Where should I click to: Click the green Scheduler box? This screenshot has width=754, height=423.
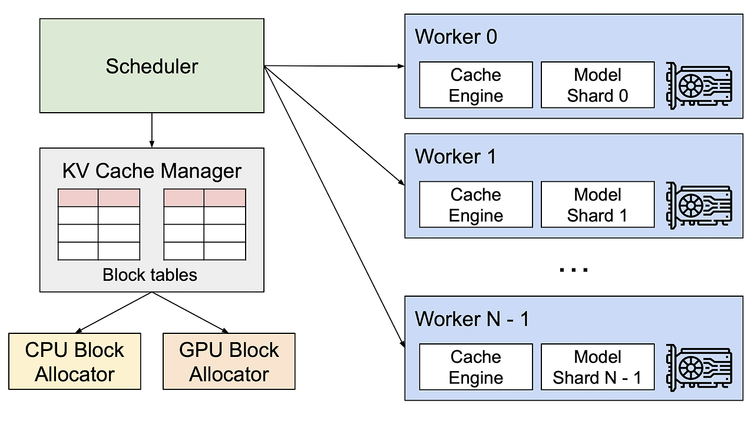pos(152,65)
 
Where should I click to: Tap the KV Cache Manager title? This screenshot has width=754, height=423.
pos(152,171)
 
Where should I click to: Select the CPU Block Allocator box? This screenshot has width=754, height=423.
pos(75,361)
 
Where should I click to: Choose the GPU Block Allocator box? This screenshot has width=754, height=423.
pos(229,361)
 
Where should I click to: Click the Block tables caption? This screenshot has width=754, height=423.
pos(150,275)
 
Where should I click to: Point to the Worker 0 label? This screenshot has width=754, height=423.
pos(456,37)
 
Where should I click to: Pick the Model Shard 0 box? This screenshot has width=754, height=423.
pos(598,85)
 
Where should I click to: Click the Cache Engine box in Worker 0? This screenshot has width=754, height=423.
pos(476,85)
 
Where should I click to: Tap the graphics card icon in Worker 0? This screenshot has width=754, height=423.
pos(699,86)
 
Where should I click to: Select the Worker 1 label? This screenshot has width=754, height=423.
pos(455,156)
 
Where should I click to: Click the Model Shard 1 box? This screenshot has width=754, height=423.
pos(598,205)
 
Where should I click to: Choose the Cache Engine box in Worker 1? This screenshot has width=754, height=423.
pos(476,205)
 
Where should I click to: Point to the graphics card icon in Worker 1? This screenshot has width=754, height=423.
pos(699,206)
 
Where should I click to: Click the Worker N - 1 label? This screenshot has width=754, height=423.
pos(472,319)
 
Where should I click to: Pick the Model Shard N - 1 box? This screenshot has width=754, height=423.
pos(598,367)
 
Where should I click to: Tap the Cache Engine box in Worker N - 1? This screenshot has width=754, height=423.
pos(476,367)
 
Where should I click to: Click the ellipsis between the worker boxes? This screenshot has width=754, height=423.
pos(574,270)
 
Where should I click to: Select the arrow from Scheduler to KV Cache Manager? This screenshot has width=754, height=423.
pos(152,130)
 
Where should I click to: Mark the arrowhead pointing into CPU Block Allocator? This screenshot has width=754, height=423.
pos(78,330)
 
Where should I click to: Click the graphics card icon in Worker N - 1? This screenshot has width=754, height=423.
pos(699,368)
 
